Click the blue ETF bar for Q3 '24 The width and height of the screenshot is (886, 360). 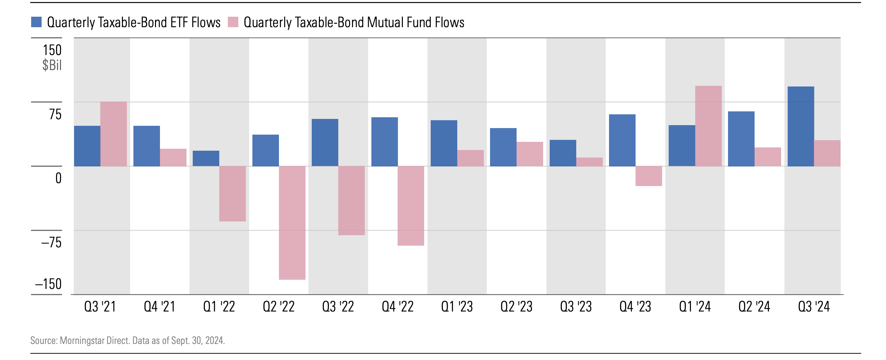800,126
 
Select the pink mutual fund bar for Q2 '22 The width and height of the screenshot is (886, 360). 292,222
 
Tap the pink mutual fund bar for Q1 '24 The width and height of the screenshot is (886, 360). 708,126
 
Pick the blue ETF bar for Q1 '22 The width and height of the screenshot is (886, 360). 206,159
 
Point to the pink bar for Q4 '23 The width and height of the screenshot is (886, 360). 649,176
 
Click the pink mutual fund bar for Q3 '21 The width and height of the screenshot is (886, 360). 113,134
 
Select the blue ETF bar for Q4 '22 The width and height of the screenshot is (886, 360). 384,142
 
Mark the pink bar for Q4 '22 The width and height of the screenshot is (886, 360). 411,206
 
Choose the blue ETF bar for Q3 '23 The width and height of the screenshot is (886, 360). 563,153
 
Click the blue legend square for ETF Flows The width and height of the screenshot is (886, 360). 36,22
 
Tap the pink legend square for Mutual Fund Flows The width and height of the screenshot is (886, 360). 233,22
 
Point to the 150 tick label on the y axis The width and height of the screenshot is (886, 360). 52,50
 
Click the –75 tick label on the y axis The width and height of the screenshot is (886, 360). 51,242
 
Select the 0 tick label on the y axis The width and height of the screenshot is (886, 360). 58,178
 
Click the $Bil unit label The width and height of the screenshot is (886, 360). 52,65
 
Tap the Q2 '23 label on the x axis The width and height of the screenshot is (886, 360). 516,306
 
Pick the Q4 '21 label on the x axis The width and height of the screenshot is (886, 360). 160,306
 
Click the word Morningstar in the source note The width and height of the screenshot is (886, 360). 82,340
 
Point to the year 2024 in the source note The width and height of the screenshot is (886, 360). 215,340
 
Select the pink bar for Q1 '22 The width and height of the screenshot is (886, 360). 232,194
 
